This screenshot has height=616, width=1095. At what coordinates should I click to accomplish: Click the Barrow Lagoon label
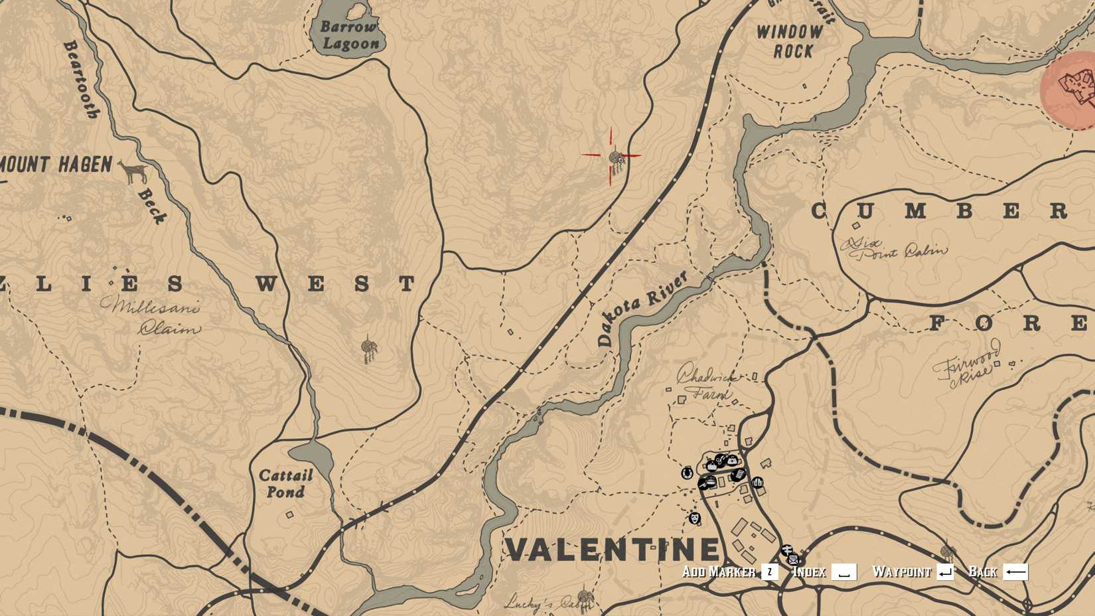[350, 36]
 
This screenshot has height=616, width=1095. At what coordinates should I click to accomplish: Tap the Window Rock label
[790, 41]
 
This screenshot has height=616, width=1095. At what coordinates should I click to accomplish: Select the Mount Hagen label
[56, 165]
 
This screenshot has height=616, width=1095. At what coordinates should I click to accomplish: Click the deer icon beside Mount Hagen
[135, 171]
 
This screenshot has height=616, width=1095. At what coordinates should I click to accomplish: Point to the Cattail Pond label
[285, 483]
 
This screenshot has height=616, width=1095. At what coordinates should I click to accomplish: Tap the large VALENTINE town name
[613, 549]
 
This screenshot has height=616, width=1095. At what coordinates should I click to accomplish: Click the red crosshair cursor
[612, 157]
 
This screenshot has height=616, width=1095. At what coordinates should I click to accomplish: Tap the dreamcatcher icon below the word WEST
[368, 348]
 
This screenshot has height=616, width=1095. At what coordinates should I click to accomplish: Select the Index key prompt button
[843, 572]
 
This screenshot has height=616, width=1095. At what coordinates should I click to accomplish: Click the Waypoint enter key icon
[945, 572]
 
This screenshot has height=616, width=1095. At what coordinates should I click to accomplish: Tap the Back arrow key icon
[1015, 572]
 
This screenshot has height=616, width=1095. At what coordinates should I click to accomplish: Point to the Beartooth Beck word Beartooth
[81, 79]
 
